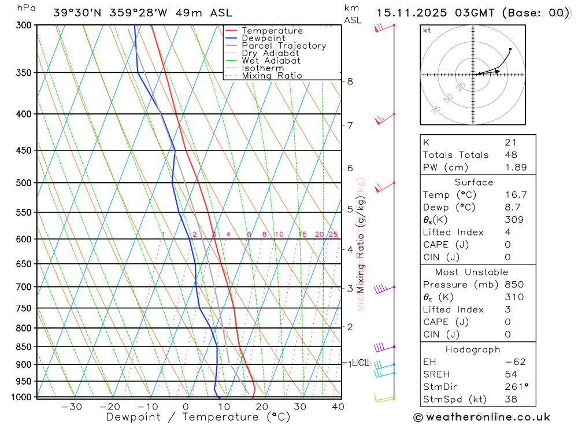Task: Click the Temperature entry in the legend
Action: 272,31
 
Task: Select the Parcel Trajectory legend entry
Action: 284,46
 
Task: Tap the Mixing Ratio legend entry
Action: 272,76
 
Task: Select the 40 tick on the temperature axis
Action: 338,407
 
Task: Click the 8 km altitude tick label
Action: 350,82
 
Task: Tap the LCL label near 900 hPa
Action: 360,363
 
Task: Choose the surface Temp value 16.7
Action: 516,195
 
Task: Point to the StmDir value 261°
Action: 516,387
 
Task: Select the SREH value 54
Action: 510,374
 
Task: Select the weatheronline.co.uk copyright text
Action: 482,417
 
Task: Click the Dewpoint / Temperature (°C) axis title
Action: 198,417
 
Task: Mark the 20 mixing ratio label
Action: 319,234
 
